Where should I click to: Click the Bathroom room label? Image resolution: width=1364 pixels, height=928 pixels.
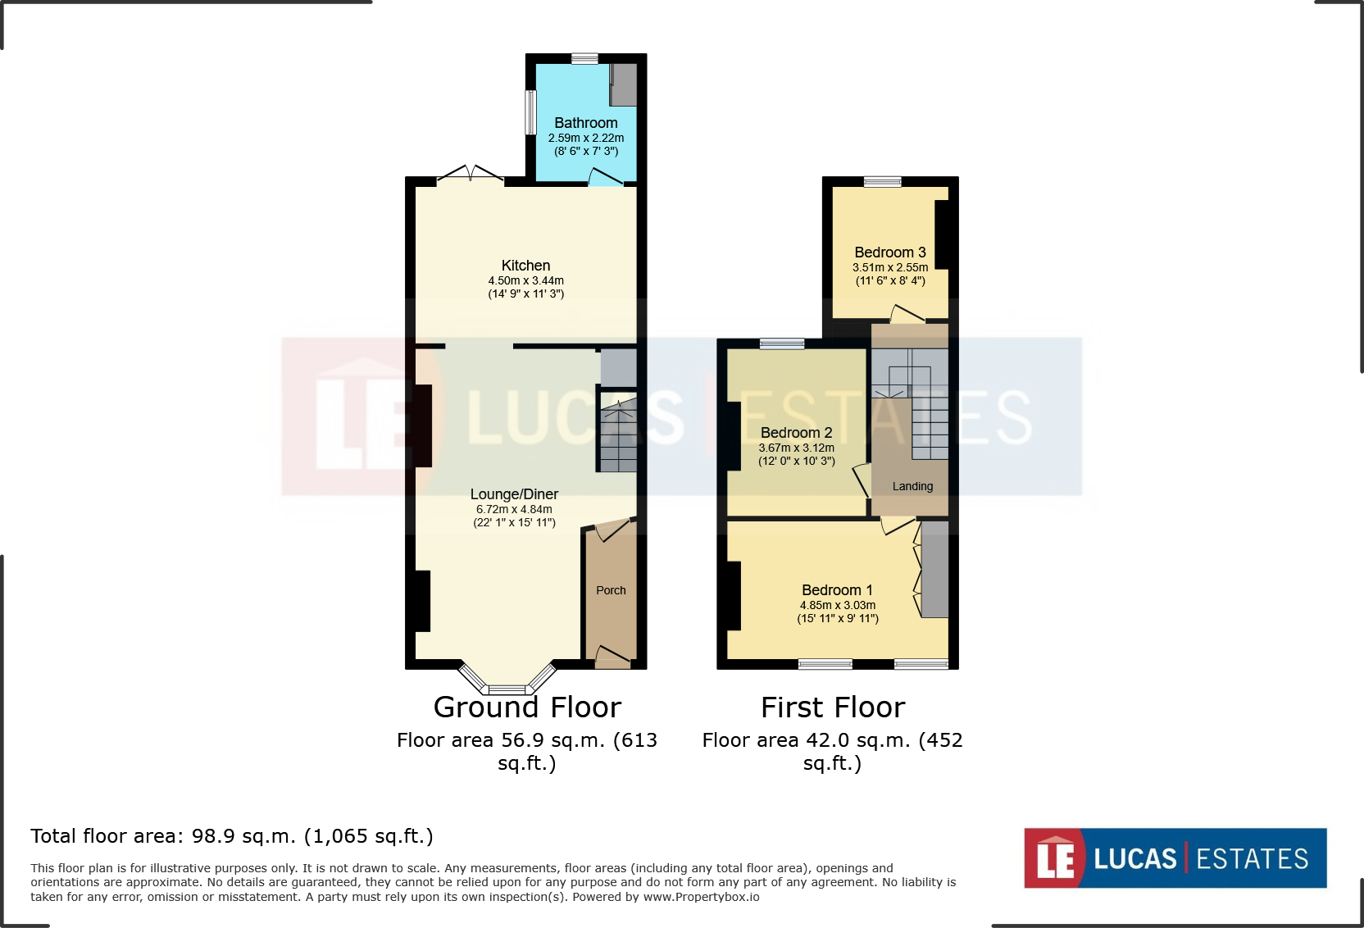tap(585, 123)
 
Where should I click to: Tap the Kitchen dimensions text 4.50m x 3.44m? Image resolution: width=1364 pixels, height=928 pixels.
tap(525, 280)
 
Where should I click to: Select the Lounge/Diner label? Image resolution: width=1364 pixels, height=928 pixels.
tap(514, 494)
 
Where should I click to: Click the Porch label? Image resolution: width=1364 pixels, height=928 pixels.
tap(611, 590)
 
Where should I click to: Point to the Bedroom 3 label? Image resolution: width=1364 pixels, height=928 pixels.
tap(889, 252)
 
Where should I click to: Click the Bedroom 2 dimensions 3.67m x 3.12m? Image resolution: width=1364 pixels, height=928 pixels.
tap(796, 448)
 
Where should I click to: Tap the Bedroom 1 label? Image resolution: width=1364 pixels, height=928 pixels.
tap(837, 590)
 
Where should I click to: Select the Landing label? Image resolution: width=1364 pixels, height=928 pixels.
tap(912, 486)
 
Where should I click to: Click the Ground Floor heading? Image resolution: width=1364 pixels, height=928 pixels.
tap(527, 707)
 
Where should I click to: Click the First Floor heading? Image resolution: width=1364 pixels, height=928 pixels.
tap(832, 707)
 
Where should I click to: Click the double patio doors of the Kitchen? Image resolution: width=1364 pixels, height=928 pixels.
tap(471, 175)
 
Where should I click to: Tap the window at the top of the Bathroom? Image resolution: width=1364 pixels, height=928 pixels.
tap(584, 58)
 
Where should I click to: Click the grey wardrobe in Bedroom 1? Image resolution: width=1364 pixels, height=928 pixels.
tap(934, 569)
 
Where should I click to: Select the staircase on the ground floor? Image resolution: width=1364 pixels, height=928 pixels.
tap(618, 434)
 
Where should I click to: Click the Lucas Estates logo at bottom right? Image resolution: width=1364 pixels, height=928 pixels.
tap(1175, 858)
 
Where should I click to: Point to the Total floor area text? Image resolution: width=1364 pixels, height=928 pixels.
tap(232, 836)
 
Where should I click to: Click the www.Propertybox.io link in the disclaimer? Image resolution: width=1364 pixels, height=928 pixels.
tap(701, 897)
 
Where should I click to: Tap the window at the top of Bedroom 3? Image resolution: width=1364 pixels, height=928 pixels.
tap(882, 182)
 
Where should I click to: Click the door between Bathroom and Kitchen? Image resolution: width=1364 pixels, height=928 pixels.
tap(606, 178)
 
